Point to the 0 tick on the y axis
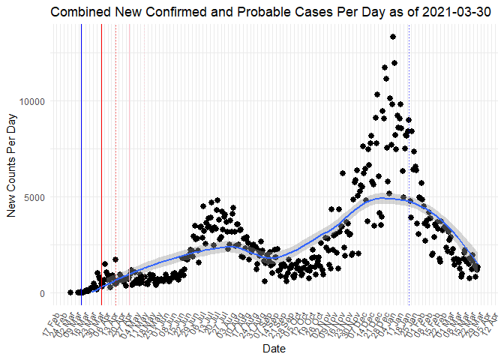click(43, 293)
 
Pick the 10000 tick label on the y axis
click(32, 101)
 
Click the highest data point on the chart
click(393, 37)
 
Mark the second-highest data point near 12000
click(394, 63)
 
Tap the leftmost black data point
click(70, 292)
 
